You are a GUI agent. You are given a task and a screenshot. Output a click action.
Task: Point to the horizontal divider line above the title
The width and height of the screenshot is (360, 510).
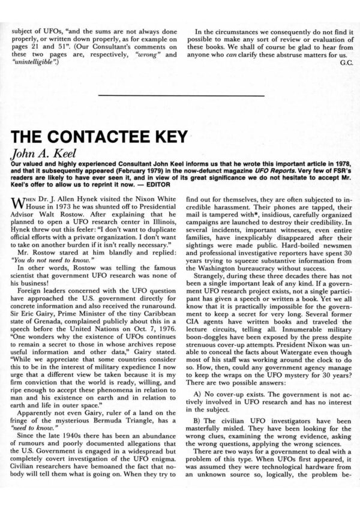click(179, 95)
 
